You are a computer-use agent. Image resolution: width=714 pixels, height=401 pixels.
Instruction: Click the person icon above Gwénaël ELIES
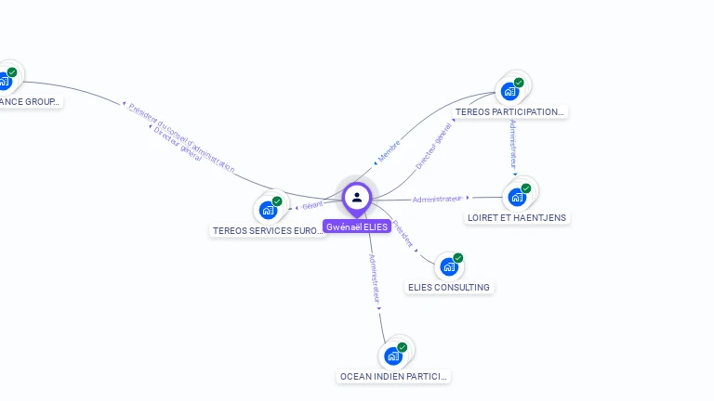pyautogui.click(x=357, y=197)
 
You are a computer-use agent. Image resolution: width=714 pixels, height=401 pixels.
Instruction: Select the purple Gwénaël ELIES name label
pyautogui.click(x=357, y=226)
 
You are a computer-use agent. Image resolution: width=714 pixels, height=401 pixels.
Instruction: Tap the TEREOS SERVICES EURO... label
pyautogui.click(x=269, y=230)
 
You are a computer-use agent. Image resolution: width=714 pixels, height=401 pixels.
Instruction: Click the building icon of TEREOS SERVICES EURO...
pyautogui.click(x=269, y=210)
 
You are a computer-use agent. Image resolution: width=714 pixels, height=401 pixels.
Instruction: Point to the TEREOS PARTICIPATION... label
pyautogui.click(x=509, y=111)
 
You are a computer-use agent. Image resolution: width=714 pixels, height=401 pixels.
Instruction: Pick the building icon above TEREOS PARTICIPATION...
pyautogui.click(x=509, y=91)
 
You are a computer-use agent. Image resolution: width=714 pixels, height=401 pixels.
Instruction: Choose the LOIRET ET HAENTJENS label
pyautogui.click(x=517, y=217)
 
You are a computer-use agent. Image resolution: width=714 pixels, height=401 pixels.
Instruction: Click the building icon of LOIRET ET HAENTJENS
pyautogui.click(x=517, y=197)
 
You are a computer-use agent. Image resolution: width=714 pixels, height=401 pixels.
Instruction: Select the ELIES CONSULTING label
pyautogui.click(x=449, y=287)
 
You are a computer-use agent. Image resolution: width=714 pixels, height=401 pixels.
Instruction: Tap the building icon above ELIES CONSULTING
pyautogui.click(x=449, y=266)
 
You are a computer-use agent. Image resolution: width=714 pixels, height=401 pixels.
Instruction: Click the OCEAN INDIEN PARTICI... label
pyautogui.click(x=394, y=377)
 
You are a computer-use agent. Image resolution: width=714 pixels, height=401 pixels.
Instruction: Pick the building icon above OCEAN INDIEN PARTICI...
pyautogui.click(x=393, y=356)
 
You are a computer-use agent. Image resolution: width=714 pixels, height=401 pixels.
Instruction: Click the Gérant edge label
pyautogui.click(x=312, y=205)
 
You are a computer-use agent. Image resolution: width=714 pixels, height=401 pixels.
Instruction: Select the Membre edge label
pyautogui.click(x=389, y=151)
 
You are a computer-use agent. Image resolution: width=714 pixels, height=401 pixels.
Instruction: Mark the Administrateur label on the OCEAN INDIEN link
pyautogui.click(x=374, y=278)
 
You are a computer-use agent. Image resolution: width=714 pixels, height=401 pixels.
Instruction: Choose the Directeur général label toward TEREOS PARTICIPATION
pyautogui.click(x=433, y=147)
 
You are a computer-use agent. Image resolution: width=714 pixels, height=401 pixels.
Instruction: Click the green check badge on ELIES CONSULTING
pyautogui.click(x=458, y=258)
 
